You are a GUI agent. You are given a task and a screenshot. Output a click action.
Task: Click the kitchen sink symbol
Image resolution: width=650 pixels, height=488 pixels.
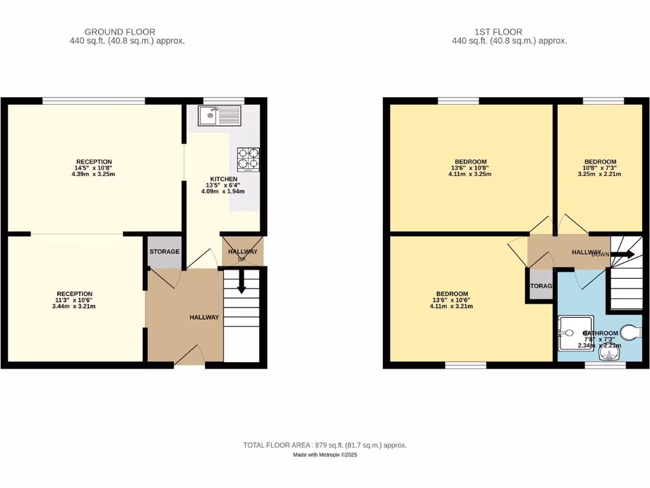[x=218, y=116]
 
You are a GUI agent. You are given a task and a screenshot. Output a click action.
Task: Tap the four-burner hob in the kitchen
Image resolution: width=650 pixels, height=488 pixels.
[x=248, y=159]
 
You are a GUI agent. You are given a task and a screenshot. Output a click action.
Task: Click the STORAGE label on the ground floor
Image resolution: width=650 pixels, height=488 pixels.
[x=164, y=252]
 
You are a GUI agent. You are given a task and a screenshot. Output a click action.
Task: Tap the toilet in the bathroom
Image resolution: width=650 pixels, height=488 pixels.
[x=631, y=331]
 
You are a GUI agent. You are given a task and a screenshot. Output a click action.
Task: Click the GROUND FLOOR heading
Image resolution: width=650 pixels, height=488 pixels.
[x=120, y=32]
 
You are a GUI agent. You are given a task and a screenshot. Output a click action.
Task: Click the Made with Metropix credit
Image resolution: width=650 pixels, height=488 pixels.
[x=325, y=455]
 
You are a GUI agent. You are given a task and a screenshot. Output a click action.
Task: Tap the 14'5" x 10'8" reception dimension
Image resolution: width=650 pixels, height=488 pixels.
[x=95, y=168]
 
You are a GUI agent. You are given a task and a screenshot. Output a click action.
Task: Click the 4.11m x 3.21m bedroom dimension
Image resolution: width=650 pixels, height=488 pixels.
[x=451, y=306]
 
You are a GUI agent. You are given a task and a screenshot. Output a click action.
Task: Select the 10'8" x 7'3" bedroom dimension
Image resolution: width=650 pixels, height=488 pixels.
[x=600, y=168]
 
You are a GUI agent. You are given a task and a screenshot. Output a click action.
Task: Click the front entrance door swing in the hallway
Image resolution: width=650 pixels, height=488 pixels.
[x=189, y=356]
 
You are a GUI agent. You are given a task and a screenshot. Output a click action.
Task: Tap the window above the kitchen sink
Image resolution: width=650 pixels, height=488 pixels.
[x=224, y=100]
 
